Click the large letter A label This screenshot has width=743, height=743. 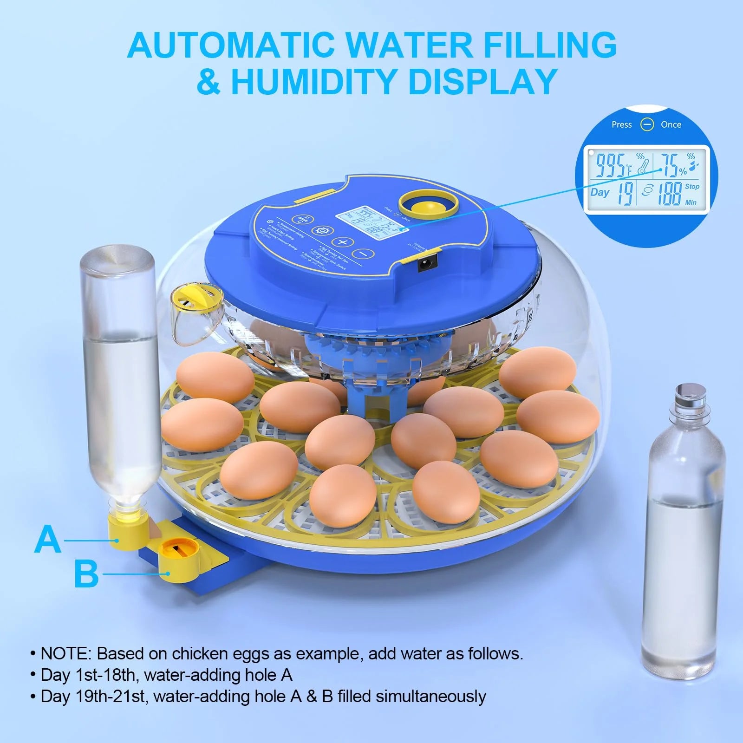click(48, 540)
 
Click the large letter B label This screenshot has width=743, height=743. click(86, 574)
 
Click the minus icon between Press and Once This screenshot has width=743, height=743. click(646, 124)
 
